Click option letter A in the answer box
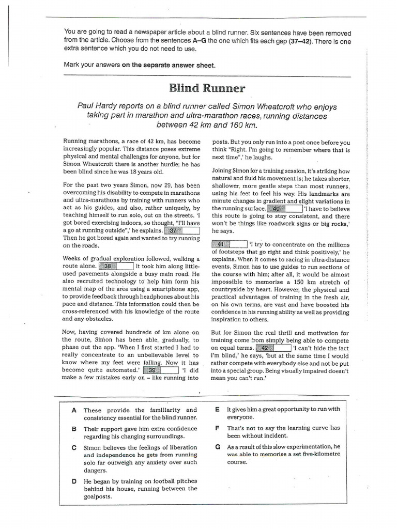tap(74, 410)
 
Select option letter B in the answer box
tap(74, 429)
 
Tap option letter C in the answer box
tap(74, 447)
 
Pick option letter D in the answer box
tap(74, 481)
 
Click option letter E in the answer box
tap(218, 409)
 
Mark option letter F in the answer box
tap(218, 428)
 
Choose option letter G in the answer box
tap(218, 446)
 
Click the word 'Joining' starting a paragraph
tap(224, 170)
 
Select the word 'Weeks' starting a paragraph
tap(73, 258)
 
